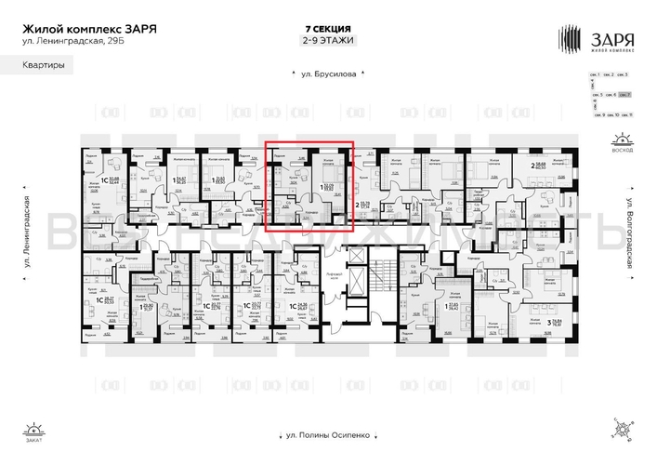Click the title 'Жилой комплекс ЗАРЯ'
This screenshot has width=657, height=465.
(88, 28)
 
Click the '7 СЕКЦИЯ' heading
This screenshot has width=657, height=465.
(328, 28)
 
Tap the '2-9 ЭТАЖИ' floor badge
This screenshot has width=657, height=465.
(328, 41)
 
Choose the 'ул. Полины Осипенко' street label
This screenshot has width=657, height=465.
(328, 435)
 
